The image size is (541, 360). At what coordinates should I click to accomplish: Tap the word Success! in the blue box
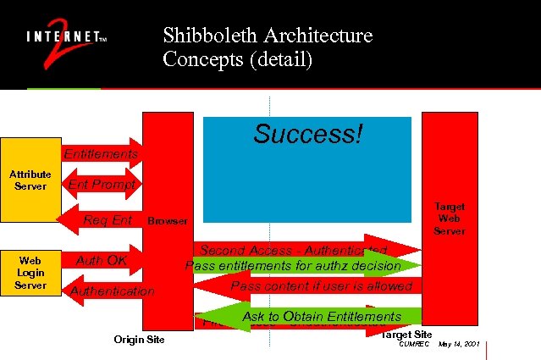tap(308, 134)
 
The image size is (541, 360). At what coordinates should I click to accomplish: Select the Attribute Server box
tap(30, 180)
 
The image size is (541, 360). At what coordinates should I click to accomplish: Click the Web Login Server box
tap(30, 272)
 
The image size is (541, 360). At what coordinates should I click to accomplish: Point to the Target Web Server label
tap(450, 219)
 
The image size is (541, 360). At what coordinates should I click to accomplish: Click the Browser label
tap(168, 221)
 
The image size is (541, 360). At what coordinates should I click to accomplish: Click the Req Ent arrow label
tap(108, 220)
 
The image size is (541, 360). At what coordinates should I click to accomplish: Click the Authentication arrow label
tap(113, 291)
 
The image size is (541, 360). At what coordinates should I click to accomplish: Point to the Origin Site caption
tap(139, 340)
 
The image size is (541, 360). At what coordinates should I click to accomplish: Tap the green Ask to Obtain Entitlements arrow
tap(321, 317)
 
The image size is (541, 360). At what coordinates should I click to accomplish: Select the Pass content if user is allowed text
tap(321, 286)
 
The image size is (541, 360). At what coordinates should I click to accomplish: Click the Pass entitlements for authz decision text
tap(293, 266)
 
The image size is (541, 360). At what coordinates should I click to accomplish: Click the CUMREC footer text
tap(414, 344)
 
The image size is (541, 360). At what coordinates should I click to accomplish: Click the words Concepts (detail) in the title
tap(238, 60)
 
